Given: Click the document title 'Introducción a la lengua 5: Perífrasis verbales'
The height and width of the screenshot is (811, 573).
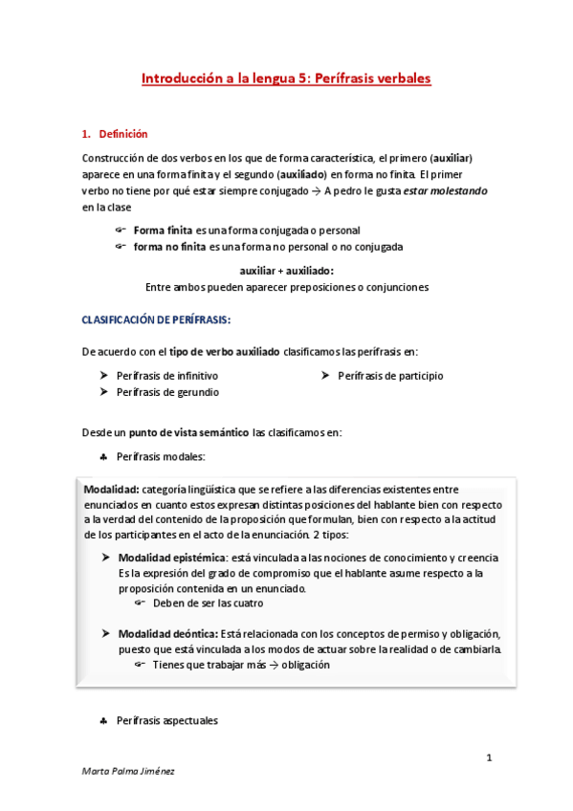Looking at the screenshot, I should point(286,77).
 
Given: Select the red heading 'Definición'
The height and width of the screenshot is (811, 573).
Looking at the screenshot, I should point(123,134).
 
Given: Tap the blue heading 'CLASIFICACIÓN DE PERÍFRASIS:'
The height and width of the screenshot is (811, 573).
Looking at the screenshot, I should point(155,318).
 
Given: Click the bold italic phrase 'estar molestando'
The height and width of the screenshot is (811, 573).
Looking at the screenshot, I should point(445,190).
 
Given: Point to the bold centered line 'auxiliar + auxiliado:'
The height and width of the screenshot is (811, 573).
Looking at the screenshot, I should point(286,271).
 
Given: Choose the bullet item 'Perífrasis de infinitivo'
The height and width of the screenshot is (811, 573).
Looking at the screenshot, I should point(167,376).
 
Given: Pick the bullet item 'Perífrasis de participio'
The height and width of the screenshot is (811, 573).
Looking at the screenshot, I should point(390,376).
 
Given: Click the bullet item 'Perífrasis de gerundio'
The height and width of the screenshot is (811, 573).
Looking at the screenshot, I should point(167,392).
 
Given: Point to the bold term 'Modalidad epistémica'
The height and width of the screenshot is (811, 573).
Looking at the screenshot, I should point(172,558).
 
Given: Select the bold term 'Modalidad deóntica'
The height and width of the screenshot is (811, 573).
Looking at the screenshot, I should point(167,634).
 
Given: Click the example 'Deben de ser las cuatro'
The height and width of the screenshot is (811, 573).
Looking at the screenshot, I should point(208,603).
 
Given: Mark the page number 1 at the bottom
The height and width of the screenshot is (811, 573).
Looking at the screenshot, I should point(488,758).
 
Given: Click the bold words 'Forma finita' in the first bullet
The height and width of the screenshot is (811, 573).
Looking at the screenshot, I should point(163,230).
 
